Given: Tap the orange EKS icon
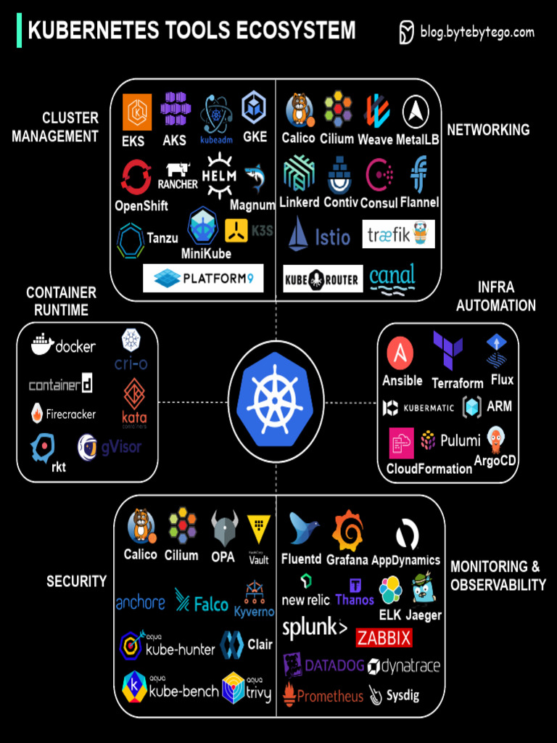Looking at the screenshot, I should tap(136, 112).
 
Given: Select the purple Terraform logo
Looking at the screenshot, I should tap(447, 351).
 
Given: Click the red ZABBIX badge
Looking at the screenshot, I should tap(384, 638).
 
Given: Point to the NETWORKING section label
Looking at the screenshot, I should tap(488, 130).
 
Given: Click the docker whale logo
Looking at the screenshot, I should tap(44, 345).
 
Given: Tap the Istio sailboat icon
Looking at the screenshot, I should tap(298, 234).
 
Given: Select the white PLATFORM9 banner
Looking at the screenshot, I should tap(203, 278).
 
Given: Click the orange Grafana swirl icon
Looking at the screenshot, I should tap(347, 531).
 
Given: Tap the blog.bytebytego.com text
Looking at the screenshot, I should tap(476, 32).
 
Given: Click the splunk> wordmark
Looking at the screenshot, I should tap(314, 628).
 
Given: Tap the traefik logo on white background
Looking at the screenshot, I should tap(398, 234).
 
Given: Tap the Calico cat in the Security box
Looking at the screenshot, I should tap(140, 526).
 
